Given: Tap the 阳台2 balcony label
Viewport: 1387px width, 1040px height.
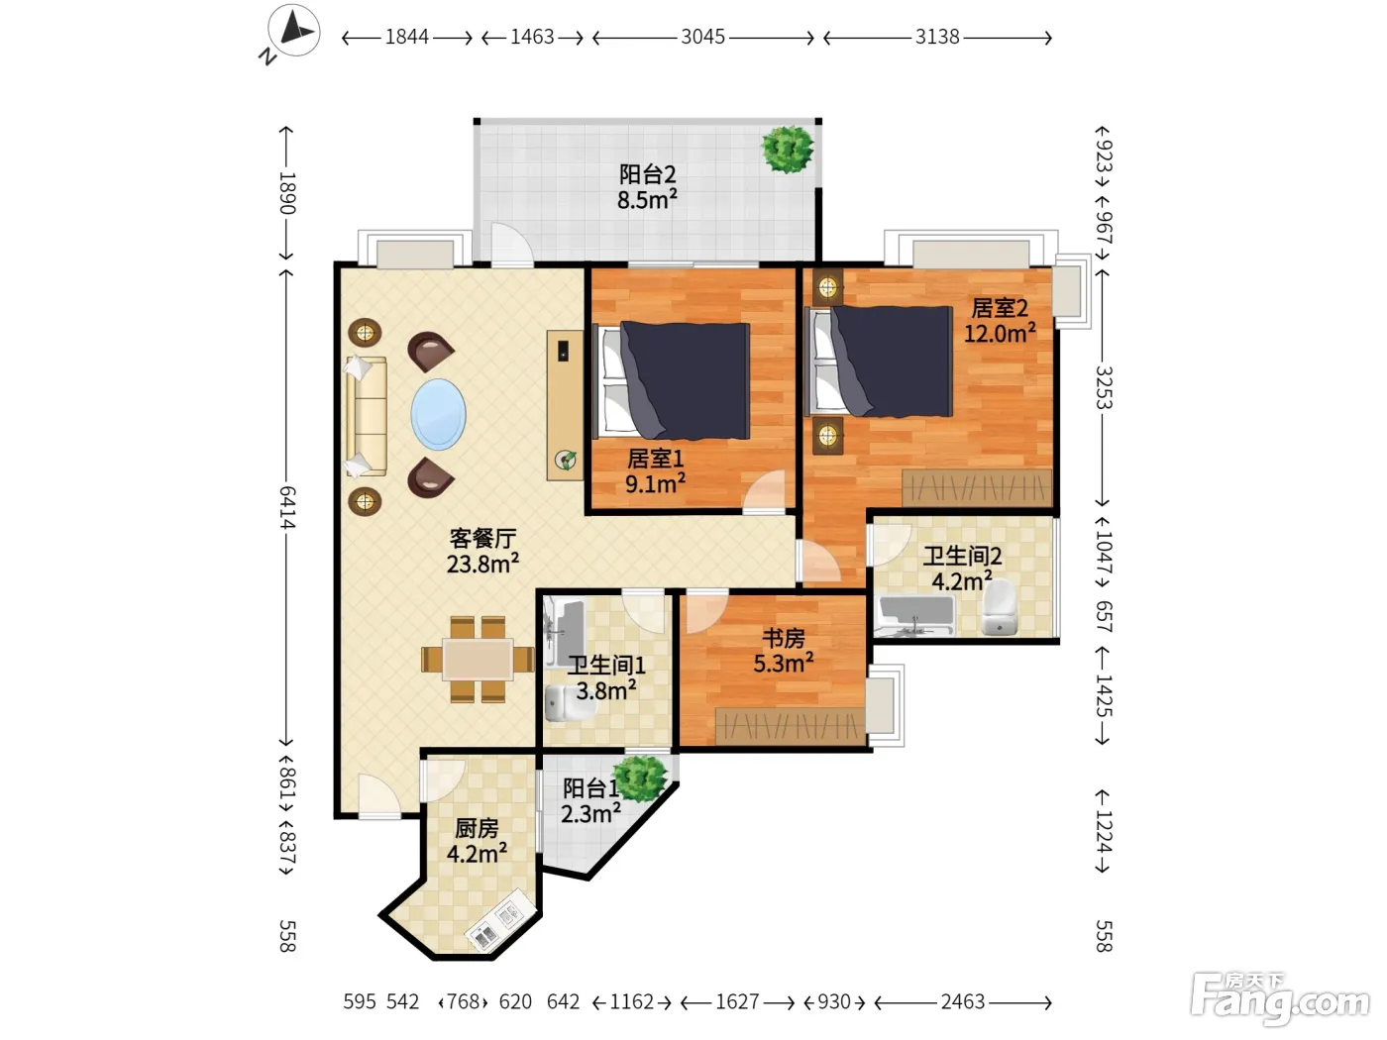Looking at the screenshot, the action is tap(647, 173).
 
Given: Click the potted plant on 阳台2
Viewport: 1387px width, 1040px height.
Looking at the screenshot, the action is tap(787, 150).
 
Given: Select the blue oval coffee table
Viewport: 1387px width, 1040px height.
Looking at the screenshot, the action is tap(439, 414).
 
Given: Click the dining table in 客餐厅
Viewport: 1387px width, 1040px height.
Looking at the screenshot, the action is tap(478, 660).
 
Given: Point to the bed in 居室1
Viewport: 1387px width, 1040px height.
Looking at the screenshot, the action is tap(673, 380).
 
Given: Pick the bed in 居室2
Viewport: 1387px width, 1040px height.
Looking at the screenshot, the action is tap(879, 362).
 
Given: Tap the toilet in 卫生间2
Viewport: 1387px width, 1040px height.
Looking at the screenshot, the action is tap(999, 607).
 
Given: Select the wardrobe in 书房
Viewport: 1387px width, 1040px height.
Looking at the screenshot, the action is tap(790, 726).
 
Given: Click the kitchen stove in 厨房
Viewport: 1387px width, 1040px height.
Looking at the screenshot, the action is tap(500, 921).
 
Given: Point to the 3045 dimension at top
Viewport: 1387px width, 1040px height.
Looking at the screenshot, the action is tap(702, 37).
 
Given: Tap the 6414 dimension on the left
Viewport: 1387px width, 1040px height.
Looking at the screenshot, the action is tap(287, 507).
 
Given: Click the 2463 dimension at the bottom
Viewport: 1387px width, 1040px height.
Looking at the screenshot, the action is tap(962, 1001).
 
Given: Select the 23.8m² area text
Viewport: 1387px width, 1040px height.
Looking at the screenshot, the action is tap(482, 564).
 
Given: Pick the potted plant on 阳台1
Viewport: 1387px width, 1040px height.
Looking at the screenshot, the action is tap(641, 778).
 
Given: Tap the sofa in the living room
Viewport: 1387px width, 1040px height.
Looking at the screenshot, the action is tap(366, 417).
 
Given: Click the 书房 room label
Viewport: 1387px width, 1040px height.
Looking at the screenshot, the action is tap(784, 638).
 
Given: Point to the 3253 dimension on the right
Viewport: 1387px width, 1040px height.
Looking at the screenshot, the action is tap(1104, 387).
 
